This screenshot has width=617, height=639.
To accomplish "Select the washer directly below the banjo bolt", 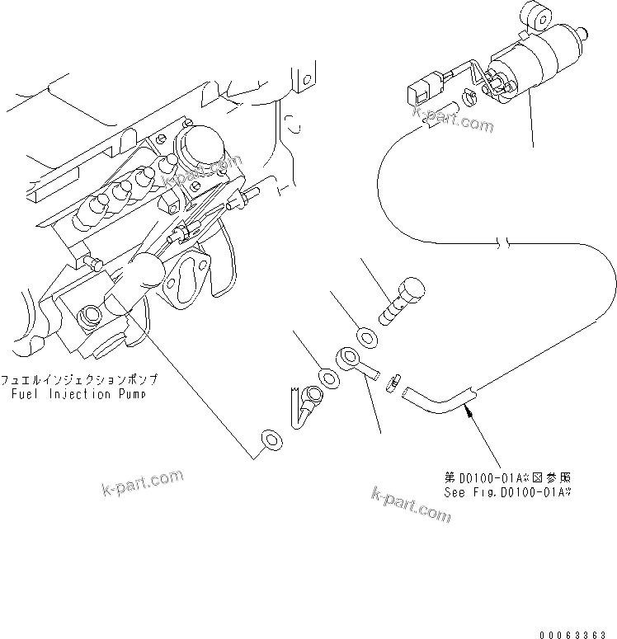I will [364, 336].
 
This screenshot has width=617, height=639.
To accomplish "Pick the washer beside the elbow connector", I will [327, 379].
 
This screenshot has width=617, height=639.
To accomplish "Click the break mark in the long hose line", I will [506, 244].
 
